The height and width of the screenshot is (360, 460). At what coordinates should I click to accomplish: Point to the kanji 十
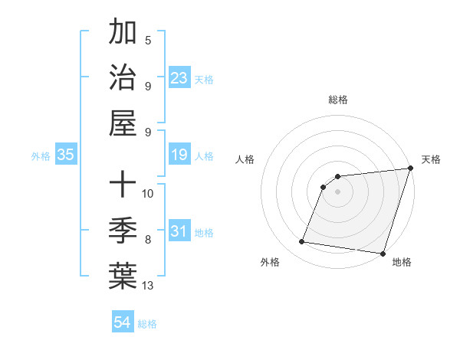(123, 184)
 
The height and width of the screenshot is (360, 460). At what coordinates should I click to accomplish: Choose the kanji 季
(123, 230)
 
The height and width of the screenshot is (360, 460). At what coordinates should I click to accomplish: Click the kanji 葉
(123, 276)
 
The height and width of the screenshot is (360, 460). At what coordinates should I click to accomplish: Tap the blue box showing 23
(179, 78)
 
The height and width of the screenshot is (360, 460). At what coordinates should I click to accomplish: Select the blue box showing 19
(179, 155)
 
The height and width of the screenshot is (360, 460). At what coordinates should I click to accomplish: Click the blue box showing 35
(65, 155)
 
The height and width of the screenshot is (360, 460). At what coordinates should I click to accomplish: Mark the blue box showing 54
(123, 322)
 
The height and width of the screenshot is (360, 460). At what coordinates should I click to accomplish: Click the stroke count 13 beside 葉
(148, 286)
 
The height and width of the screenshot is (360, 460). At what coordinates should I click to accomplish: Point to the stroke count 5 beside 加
(148, 41)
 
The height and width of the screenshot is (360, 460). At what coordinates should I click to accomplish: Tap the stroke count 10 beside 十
(148, 193)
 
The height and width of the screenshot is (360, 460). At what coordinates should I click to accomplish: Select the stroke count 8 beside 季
(148, 240)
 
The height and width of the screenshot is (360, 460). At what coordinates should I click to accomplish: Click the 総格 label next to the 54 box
(147, 324)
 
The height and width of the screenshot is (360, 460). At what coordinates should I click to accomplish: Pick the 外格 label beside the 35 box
(41, 156)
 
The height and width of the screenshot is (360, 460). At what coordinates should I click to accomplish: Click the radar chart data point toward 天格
(410, 169)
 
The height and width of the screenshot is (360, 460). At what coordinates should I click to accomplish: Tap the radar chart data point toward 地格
(383, 254)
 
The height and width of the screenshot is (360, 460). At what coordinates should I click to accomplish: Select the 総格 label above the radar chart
(337, 100)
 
